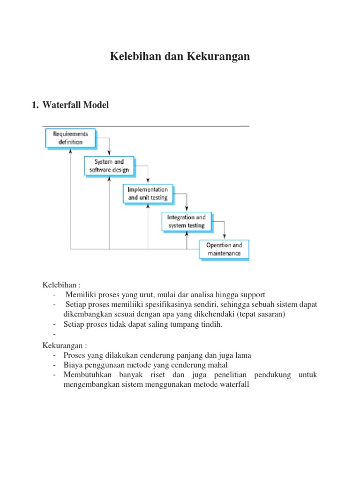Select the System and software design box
click(x=110, y=166)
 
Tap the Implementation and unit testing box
click(x=148, y=194)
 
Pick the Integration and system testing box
click(x=187, y=222)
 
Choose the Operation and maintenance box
click(x=225, y=249)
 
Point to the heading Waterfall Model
click(x=75, y=105)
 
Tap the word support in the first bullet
click(x=253, y=295)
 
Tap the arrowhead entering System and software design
click(x=109, y=154)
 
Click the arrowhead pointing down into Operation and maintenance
click(x=225, y=238)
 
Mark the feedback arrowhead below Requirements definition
click(x=71, y=151)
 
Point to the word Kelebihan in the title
click(x=133, y=57)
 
